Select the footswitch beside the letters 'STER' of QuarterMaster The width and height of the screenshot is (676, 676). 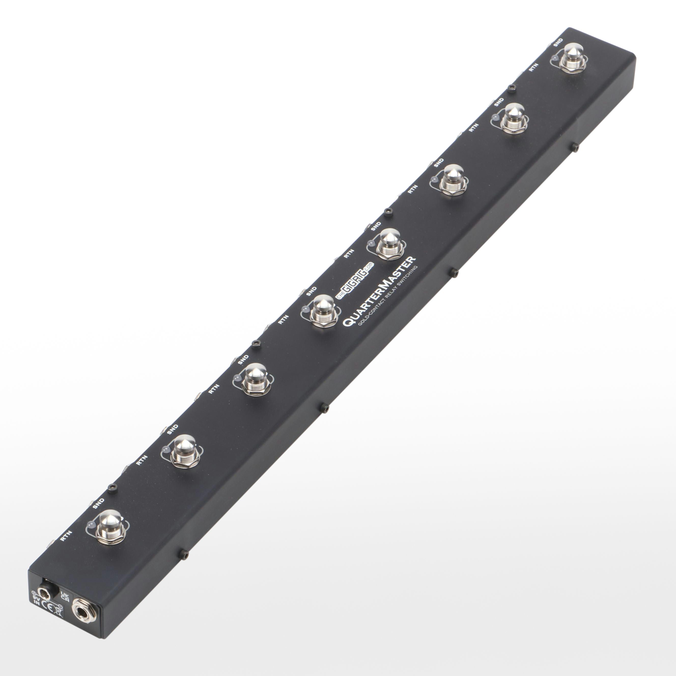pos(389,245)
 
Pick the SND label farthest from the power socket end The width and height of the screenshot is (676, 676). pos(558,42)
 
